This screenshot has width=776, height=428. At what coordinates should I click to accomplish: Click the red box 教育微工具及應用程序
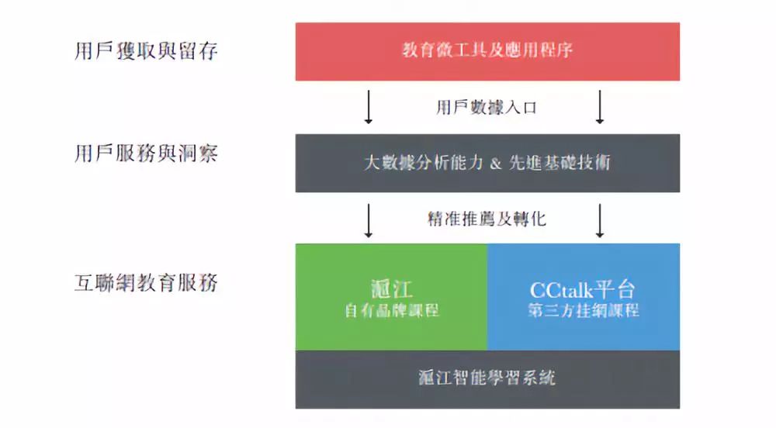coord(487,51)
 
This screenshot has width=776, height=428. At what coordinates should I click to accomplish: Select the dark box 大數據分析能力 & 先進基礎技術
coord(487,163)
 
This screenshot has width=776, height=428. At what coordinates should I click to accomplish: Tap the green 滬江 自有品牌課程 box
coord(391,297)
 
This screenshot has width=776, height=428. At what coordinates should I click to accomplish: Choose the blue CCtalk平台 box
coord(584,297)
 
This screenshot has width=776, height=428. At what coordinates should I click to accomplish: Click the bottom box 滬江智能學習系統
coord(487,379)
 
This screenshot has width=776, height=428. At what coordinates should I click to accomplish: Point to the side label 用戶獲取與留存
coord(147,51)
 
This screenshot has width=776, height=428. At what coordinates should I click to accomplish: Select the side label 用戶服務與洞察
coord(147,154)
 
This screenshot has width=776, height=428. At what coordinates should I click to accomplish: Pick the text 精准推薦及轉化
coord(487,219)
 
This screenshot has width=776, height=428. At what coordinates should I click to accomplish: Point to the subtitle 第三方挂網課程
coord(584,310)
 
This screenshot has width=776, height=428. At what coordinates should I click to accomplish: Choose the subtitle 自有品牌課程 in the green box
coord(392,310)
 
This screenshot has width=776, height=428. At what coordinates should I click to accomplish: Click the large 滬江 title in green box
coord(392,289)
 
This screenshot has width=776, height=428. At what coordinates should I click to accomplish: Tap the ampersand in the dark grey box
coord(497,164)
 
